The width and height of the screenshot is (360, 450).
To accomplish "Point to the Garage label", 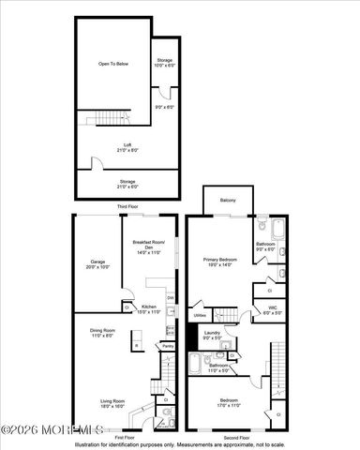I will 97,262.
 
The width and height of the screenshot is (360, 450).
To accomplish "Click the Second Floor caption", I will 242,437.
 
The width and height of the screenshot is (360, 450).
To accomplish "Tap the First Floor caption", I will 126,437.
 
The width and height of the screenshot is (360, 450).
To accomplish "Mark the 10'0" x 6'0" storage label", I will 164,65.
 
